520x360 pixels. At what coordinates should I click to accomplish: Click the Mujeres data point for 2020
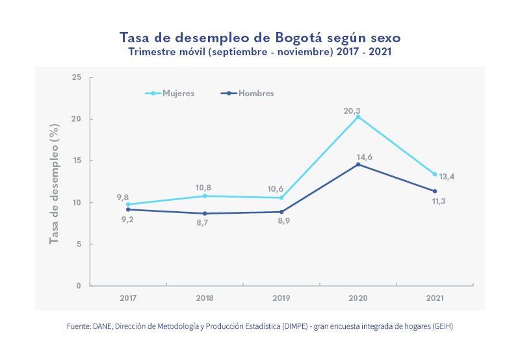[x=358, y=117]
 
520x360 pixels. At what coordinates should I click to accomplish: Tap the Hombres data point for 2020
[x=358, y=164]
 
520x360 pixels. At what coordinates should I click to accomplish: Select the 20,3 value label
[x=352, y=111]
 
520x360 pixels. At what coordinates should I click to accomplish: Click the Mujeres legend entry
[x=170, y=94]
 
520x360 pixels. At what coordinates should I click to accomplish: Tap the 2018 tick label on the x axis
[x=205, y=298]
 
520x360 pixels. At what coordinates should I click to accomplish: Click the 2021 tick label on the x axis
[x=435, y=298]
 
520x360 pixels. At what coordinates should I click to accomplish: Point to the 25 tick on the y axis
[x=77, y=77]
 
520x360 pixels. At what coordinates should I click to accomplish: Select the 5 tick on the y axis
[x=79, y=244]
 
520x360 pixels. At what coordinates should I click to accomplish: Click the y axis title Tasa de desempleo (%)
[x=55, y=182]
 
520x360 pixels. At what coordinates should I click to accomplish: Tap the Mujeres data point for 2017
[x=128, y=205]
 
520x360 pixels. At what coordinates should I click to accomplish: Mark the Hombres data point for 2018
[x=205, y=214]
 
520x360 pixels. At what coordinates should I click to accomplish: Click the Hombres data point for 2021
[x=435, y=191]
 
